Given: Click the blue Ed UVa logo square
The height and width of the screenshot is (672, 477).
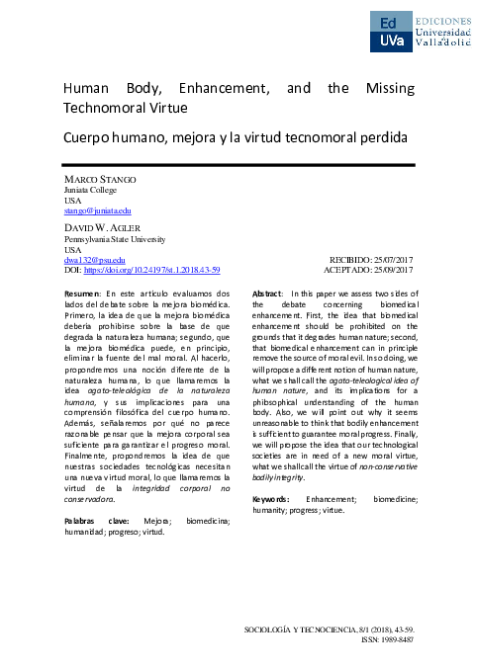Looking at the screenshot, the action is click(x=392, y=31).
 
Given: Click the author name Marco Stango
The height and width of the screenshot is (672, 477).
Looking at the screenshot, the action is click(x=100, y=178).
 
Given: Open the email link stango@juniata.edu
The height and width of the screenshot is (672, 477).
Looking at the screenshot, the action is click(x=97, y=210).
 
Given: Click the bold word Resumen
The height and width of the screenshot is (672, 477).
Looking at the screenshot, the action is click(x=83, y=294).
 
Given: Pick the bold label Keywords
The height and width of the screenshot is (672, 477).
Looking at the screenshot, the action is click(x=270, y=500).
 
